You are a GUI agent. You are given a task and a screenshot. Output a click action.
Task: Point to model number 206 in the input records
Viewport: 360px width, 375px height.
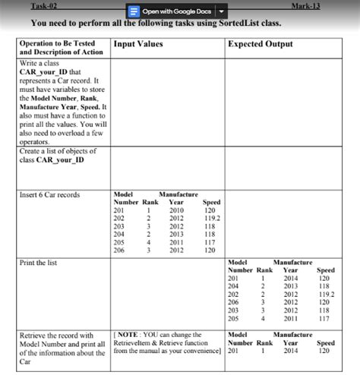pos(118,250)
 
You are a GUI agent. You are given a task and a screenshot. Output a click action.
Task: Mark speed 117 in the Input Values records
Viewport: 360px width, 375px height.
pos(211,242)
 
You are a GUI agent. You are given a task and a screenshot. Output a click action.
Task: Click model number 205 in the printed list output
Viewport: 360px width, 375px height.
pos(234,318)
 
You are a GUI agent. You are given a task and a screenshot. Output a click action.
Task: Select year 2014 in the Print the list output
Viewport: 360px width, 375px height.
pos(290,278)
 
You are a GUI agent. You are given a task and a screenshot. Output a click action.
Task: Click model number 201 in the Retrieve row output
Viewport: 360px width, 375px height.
pos(234,351)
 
